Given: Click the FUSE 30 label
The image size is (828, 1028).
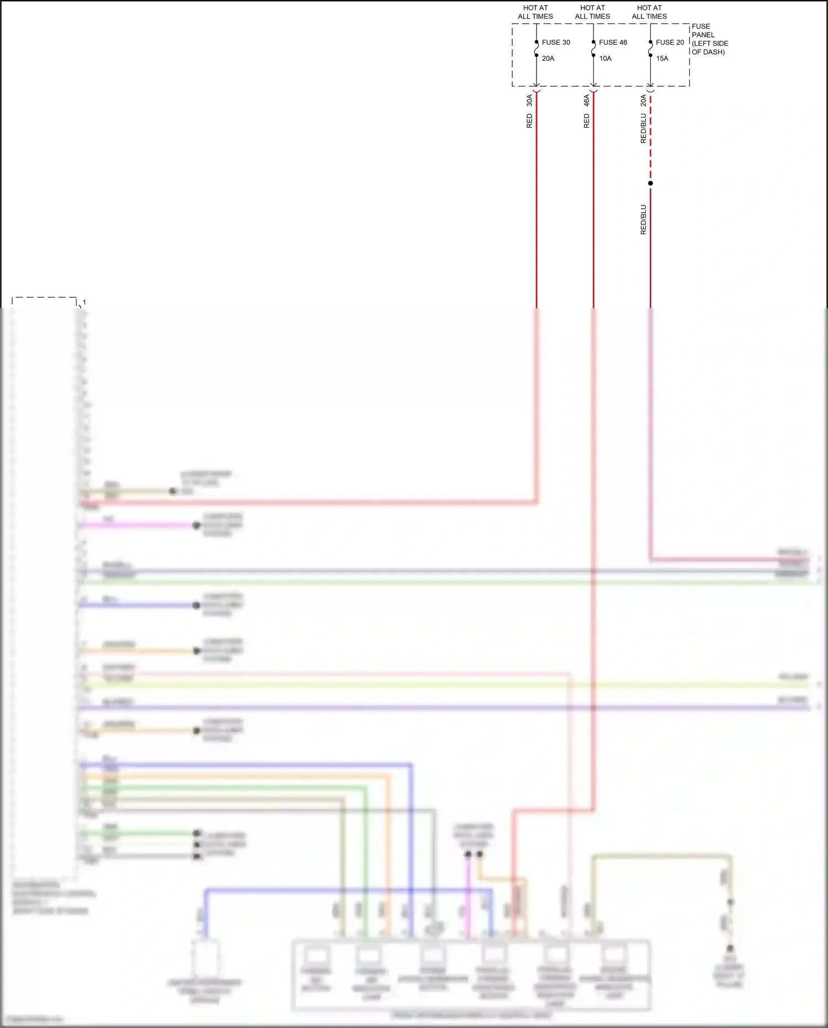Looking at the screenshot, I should (555, 43).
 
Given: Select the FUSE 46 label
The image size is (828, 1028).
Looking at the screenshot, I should (613, 43).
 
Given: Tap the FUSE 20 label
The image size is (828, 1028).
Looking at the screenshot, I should (670, 43).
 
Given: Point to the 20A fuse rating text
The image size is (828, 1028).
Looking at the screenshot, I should (548, 59).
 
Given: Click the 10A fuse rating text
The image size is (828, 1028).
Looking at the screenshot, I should (605, 59).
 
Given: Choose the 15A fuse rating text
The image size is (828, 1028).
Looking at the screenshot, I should (662, 59).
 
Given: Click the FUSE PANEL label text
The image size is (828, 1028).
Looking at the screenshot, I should (709, 39).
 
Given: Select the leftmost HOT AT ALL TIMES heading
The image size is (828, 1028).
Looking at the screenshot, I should (535, 12).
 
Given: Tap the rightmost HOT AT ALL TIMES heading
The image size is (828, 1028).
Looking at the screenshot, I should (649, 12).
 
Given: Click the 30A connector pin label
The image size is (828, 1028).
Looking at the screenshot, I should (529, 101).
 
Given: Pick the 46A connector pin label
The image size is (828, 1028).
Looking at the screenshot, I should (586, 101).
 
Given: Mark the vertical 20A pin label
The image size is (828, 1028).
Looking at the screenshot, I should (643, 101).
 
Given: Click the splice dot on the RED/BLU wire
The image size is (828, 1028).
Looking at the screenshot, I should (650, 183).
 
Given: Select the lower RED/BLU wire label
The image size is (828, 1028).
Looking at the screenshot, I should (643, 220).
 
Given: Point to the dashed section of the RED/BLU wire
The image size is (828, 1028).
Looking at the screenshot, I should (650, 138).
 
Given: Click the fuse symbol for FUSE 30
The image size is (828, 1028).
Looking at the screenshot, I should (536, 49).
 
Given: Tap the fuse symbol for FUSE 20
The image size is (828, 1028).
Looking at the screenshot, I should (650, 49).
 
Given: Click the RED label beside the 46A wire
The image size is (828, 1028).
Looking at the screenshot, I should (586, 121).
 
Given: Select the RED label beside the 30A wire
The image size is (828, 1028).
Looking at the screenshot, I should (529, 121).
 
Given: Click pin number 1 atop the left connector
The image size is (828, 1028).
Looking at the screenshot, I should (84, 303).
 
